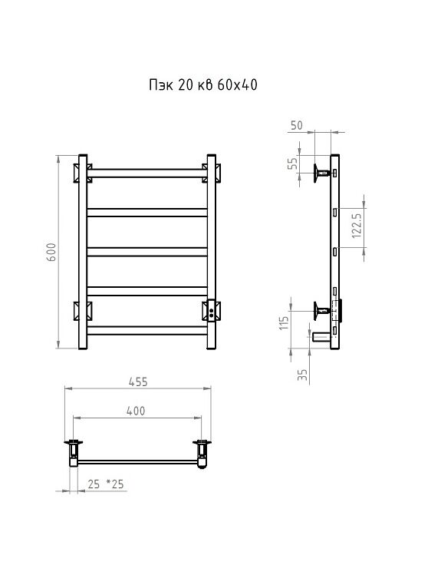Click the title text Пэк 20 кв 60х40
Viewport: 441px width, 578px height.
(x=203, y=84)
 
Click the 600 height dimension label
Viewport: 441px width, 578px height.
(x=51, y=252)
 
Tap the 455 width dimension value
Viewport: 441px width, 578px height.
(x=138, y=381)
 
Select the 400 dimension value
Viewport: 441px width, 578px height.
(x=136, y=411)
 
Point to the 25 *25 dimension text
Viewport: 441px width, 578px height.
(x=106, y=484)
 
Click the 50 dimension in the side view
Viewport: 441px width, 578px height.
(x=297, y=125)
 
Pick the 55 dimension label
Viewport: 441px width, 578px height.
(x=292, y=163)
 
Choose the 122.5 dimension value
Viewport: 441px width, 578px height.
(x=357, y=225)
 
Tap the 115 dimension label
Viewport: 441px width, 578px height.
(x=284, y=323)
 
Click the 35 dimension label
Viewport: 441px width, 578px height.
(x=302, y=375)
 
